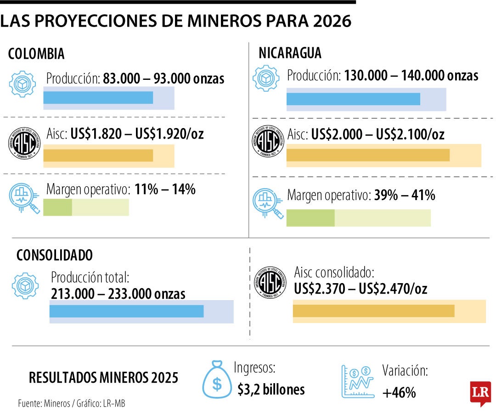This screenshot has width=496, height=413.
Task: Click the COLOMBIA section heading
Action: point(36,54)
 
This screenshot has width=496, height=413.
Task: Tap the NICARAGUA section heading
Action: point(290,53)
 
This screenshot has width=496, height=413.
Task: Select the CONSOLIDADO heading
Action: point(55,255)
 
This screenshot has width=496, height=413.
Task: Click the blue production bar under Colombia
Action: point(98,97)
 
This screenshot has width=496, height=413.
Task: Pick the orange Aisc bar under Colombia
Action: point(98,156)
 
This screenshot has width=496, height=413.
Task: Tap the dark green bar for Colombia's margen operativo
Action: point(57,208)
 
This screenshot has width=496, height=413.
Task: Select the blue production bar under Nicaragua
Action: point(353,99)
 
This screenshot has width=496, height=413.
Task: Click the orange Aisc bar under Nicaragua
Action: point(367,155)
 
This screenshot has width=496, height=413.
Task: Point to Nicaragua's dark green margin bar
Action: point(310,218)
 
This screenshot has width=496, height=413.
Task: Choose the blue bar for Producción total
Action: point(126,311)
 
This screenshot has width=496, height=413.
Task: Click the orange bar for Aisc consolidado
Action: point(373,311)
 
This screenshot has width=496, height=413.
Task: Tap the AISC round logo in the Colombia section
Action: point(25,143)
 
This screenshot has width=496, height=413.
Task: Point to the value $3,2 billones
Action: point(271,390)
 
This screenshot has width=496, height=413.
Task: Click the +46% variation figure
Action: point(399,392)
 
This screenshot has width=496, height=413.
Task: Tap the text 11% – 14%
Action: point(165,190)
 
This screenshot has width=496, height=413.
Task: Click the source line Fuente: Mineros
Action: point(72,404)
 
